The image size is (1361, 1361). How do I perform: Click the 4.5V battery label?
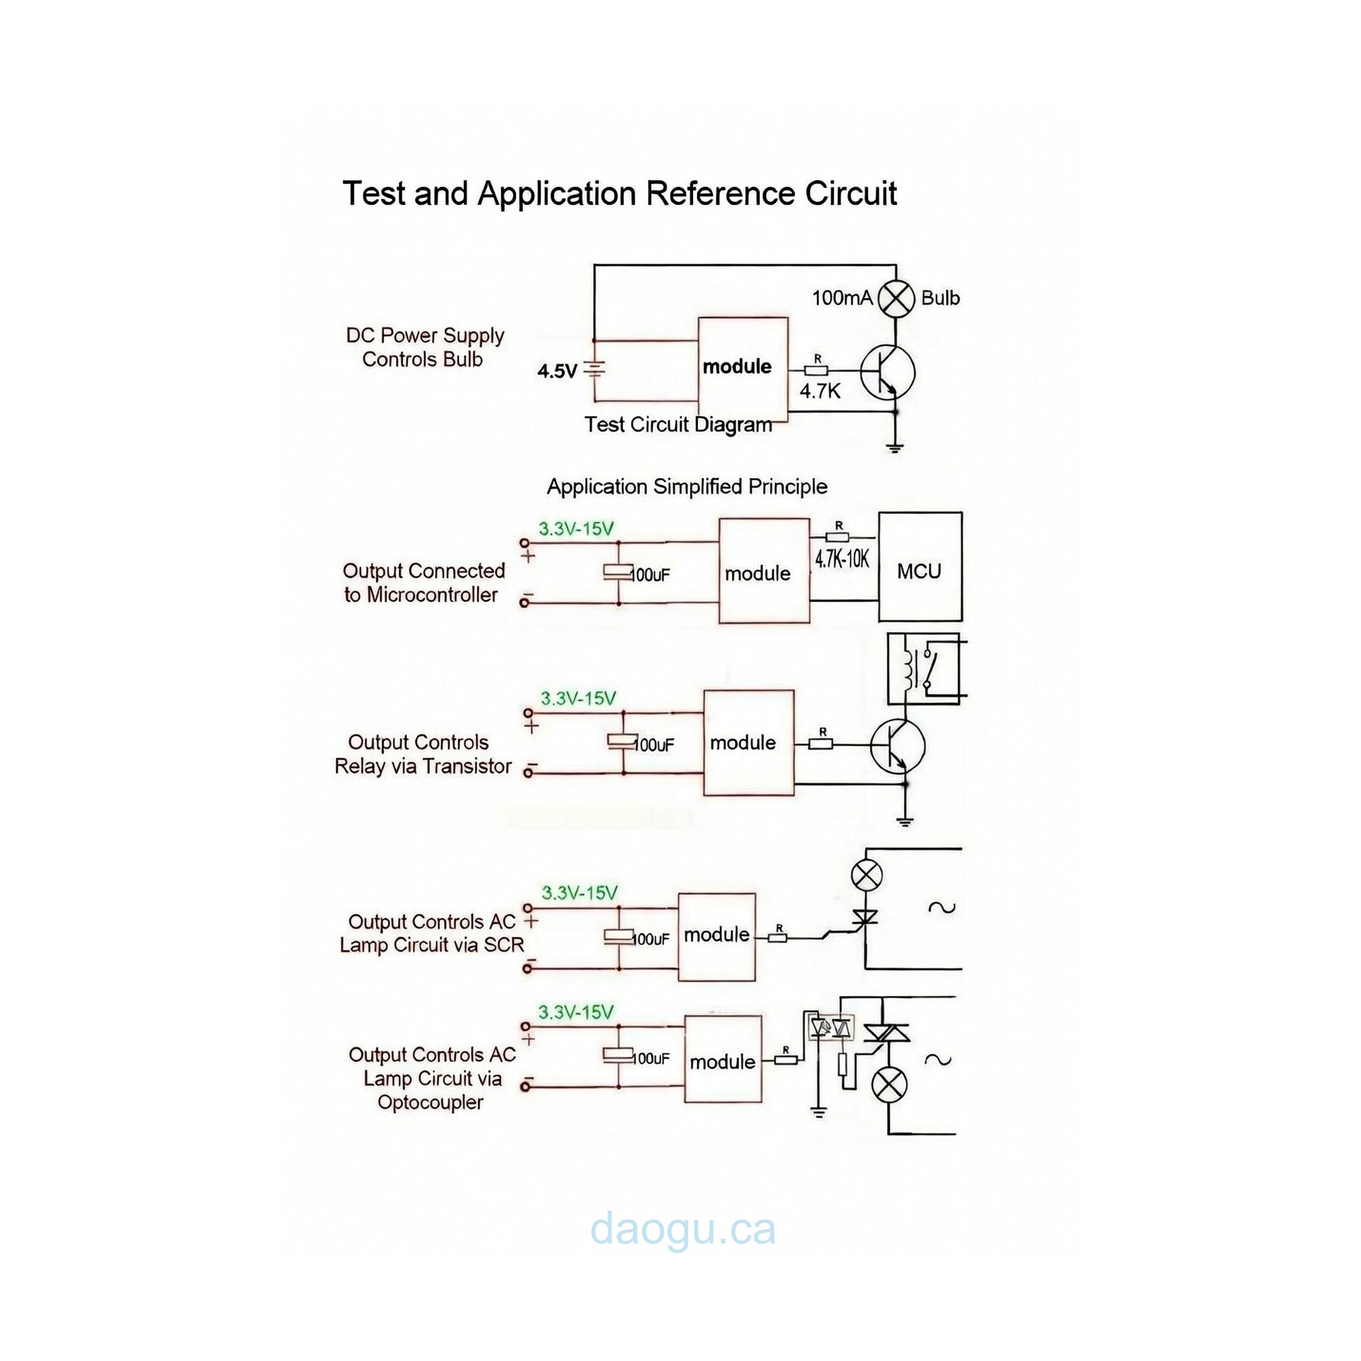(x=557, y=371)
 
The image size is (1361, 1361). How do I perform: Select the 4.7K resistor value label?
(x=820, y=392)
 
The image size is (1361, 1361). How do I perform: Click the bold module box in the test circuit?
(x=743, y=368)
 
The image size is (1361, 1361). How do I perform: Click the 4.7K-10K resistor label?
(x=842, y=560)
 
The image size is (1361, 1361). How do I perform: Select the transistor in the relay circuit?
(x=897, y=746)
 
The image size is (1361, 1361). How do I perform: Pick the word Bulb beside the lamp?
(x=940, y=299)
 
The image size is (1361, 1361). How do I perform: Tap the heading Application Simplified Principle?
(x=687, y=487)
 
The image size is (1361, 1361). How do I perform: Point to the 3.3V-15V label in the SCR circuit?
(x=579, y=893)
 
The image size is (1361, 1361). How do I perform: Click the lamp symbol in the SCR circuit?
(x=867, y=876)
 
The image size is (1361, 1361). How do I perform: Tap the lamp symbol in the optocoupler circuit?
(x=890, y=1084)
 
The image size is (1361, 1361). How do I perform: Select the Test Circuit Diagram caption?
(x=678, y=425)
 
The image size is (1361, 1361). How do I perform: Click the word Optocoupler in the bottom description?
(x=431, y=1102)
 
